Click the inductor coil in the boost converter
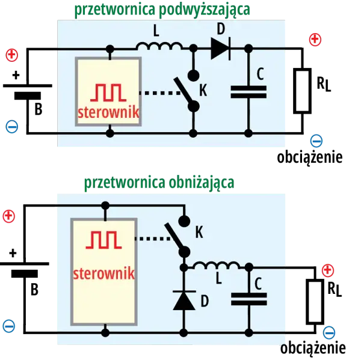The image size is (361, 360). click(159, 46)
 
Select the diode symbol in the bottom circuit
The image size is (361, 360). click(184, 300)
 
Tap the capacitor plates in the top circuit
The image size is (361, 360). click(248, 92)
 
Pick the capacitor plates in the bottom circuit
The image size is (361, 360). click(249, 299)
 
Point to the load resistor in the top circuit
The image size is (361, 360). click(302, 91)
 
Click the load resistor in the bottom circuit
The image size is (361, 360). click(315, 302)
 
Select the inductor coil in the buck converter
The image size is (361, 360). click(217, 266)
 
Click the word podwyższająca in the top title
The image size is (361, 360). click(205, 10)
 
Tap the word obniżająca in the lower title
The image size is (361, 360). click(202, 183)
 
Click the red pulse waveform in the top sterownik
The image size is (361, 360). click(108, 93)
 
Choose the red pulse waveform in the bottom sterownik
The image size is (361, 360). click(103, 240)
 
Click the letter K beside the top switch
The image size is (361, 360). click(203, 90)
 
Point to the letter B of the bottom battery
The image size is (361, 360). click(34, 289)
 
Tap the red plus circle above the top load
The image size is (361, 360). click(315, 40)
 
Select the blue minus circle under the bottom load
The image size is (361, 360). click(329, 332)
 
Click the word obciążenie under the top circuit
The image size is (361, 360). click(310, 157)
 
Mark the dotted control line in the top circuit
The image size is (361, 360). click(160, 93)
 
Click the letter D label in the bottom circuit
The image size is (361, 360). click(205, 301)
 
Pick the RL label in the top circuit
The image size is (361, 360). click(324, 84)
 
